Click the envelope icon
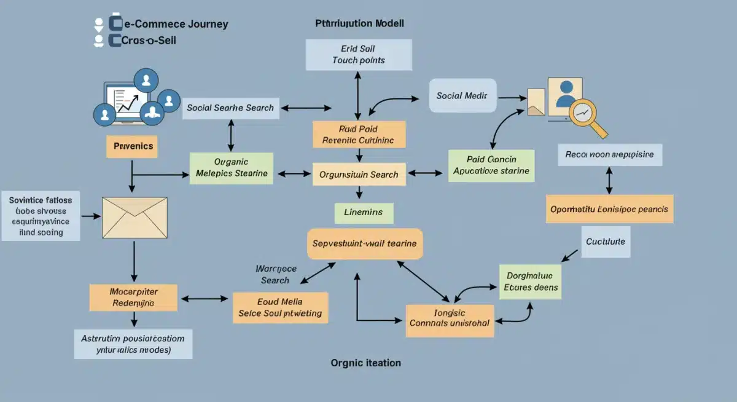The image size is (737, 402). coord(135,218)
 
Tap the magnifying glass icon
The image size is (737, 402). coord(585,116)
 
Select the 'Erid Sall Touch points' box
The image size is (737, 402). coord(358,54)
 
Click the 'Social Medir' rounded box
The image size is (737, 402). coord(462,96)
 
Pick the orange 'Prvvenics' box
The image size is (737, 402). coord(133,147)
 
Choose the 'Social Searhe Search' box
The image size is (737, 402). coord(230,108)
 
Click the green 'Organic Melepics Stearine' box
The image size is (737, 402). coord(232,167)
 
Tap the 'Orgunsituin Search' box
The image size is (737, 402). coord(359,175)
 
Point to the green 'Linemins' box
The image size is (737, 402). coord(363,212)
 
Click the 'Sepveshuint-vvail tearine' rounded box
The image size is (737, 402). coord(364,243)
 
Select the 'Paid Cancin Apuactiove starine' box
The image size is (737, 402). coord(491,165)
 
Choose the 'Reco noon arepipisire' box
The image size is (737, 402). coord(609,155)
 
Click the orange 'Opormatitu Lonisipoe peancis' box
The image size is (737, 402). coord(609,209)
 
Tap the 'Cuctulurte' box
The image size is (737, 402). coord(605,242)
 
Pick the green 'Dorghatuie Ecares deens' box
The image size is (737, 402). coord(530,282)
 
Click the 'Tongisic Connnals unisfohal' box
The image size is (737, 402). coord(450,317)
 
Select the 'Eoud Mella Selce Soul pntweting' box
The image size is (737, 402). coord(281,307)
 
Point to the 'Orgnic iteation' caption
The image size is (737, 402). coord(365,363)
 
